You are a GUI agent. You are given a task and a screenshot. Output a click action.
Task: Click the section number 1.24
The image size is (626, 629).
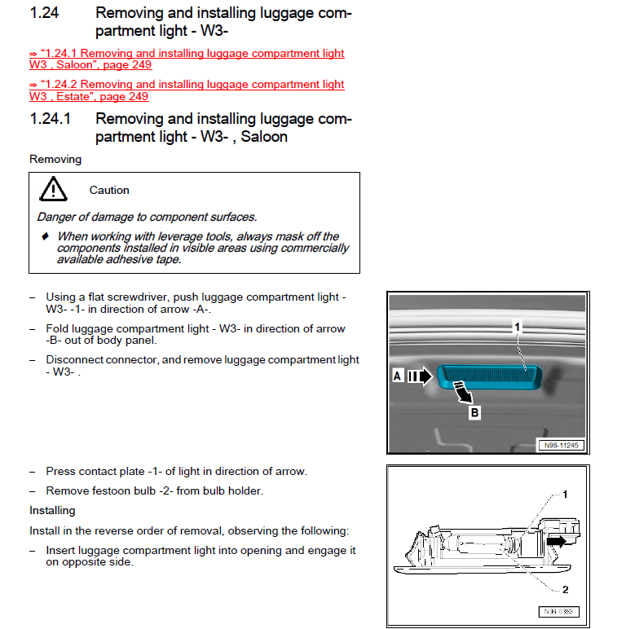44,13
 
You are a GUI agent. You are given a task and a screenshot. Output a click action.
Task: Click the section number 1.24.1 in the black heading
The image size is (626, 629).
50,119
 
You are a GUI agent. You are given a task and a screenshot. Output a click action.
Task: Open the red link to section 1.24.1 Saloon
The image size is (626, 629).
187,59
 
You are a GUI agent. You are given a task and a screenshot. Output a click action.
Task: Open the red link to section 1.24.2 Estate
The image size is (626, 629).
187,90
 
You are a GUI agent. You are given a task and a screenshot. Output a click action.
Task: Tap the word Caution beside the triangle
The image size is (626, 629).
109,190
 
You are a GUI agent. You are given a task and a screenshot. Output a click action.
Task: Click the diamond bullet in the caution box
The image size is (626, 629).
46,236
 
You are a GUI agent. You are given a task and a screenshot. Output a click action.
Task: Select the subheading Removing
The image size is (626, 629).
55,159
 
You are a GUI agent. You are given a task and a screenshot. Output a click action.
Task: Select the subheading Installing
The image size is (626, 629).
52,510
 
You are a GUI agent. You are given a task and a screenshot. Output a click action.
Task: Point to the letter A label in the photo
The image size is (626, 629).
397,377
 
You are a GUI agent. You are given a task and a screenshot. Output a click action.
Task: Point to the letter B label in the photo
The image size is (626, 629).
474,412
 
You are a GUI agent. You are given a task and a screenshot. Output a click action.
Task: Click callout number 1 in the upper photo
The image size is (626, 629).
517,326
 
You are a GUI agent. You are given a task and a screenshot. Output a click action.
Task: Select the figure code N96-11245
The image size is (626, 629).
562,445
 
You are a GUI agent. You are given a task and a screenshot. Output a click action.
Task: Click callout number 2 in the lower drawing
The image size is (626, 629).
564,588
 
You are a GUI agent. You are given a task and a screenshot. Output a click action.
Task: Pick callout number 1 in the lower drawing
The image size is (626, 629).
564,494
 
